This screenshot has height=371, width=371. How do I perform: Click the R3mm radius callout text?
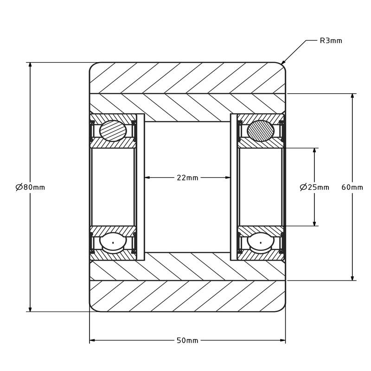(x=331, y=41)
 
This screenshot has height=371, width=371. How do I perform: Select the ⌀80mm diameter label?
(x=30, y=187)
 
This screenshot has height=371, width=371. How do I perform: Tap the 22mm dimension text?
(x=187, y=178)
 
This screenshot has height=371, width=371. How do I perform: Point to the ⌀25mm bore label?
(x=314, y=187)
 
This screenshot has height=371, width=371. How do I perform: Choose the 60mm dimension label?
(x=352, y=187)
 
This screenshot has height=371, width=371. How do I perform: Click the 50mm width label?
(x=187, y=340)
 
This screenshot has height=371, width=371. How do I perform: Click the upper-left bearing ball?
(x=113, y=131)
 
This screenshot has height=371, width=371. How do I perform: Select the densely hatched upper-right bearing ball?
(x=261, y=131)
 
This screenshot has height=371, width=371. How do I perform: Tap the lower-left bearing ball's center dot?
(x=113, y=243)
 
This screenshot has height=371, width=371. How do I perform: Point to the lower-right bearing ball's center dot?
(x=261, y=243)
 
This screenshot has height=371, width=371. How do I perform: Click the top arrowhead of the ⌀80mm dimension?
(x=30, y=65)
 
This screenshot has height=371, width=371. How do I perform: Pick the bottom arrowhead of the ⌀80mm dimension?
(x=30, y=309)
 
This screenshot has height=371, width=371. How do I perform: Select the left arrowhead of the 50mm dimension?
(x=92, y=340)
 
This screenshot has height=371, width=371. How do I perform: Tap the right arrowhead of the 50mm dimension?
(x=283, y=340)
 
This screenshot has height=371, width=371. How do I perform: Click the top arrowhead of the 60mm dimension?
(x=352, y=96)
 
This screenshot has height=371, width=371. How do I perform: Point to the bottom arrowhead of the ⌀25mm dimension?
(x=314, y=224)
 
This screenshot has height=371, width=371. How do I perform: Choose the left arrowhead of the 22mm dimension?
(x=147, y=178)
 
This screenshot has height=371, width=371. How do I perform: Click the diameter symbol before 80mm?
(x=19, y=187)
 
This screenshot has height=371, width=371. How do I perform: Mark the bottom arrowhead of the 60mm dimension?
(x=352, y=278)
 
